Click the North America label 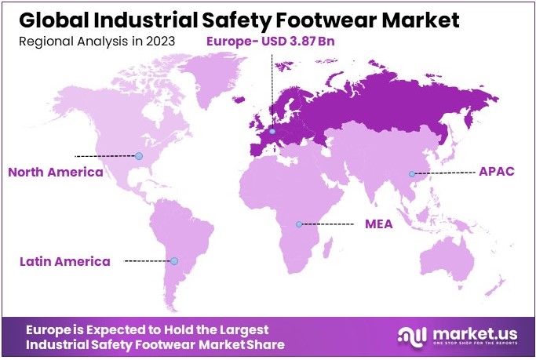tap(55, 172)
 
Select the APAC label tap(497, 172)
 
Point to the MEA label tap(378, 224)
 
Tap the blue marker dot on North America tap(139, 156)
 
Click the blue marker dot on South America tap(174, 261)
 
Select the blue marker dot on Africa tap(298, 224)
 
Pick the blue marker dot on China tap(410, 173)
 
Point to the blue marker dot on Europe tap(272, 131)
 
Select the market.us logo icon tap(414, 336)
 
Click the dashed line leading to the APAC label tap(443, 173)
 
